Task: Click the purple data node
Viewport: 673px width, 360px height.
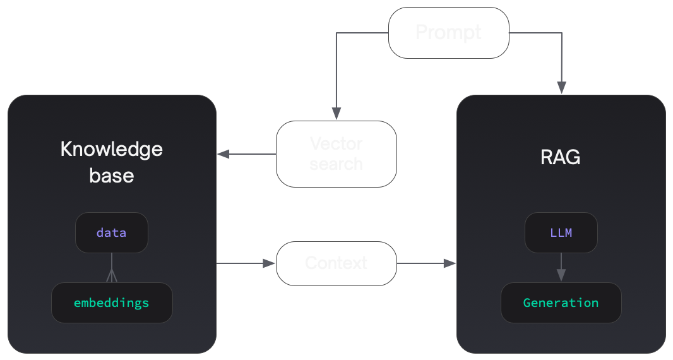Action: (x=111, y=232)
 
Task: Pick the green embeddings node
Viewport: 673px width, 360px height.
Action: (x=111, y=303)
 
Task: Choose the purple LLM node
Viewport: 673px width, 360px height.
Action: (x=561, y=232)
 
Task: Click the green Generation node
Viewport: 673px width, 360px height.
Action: (x=561, y=303)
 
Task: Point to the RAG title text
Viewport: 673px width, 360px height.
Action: (x=561, y=157)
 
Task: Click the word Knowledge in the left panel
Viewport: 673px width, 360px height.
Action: (x=111, y=150)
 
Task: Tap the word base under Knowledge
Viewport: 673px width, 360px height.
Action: (x=111, y=175)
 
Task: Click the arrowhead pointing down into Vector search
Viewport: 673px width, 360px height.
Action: (x=336, y=114)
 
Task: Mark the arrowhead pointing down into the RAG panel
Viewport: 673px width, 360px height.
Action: (x=561, y=88)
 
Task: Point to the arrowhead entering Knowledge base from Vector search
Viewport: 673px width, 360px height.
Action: (x=223, y=154)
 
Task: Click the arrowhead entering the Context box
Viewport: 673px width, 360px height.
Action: (x=270, y=263)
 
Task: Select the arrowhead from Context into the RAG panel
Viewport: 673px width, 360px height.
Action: (x=450, y=263)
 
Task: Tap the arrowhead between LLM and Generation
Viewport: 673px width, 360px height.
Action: (x=561, y=275)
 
